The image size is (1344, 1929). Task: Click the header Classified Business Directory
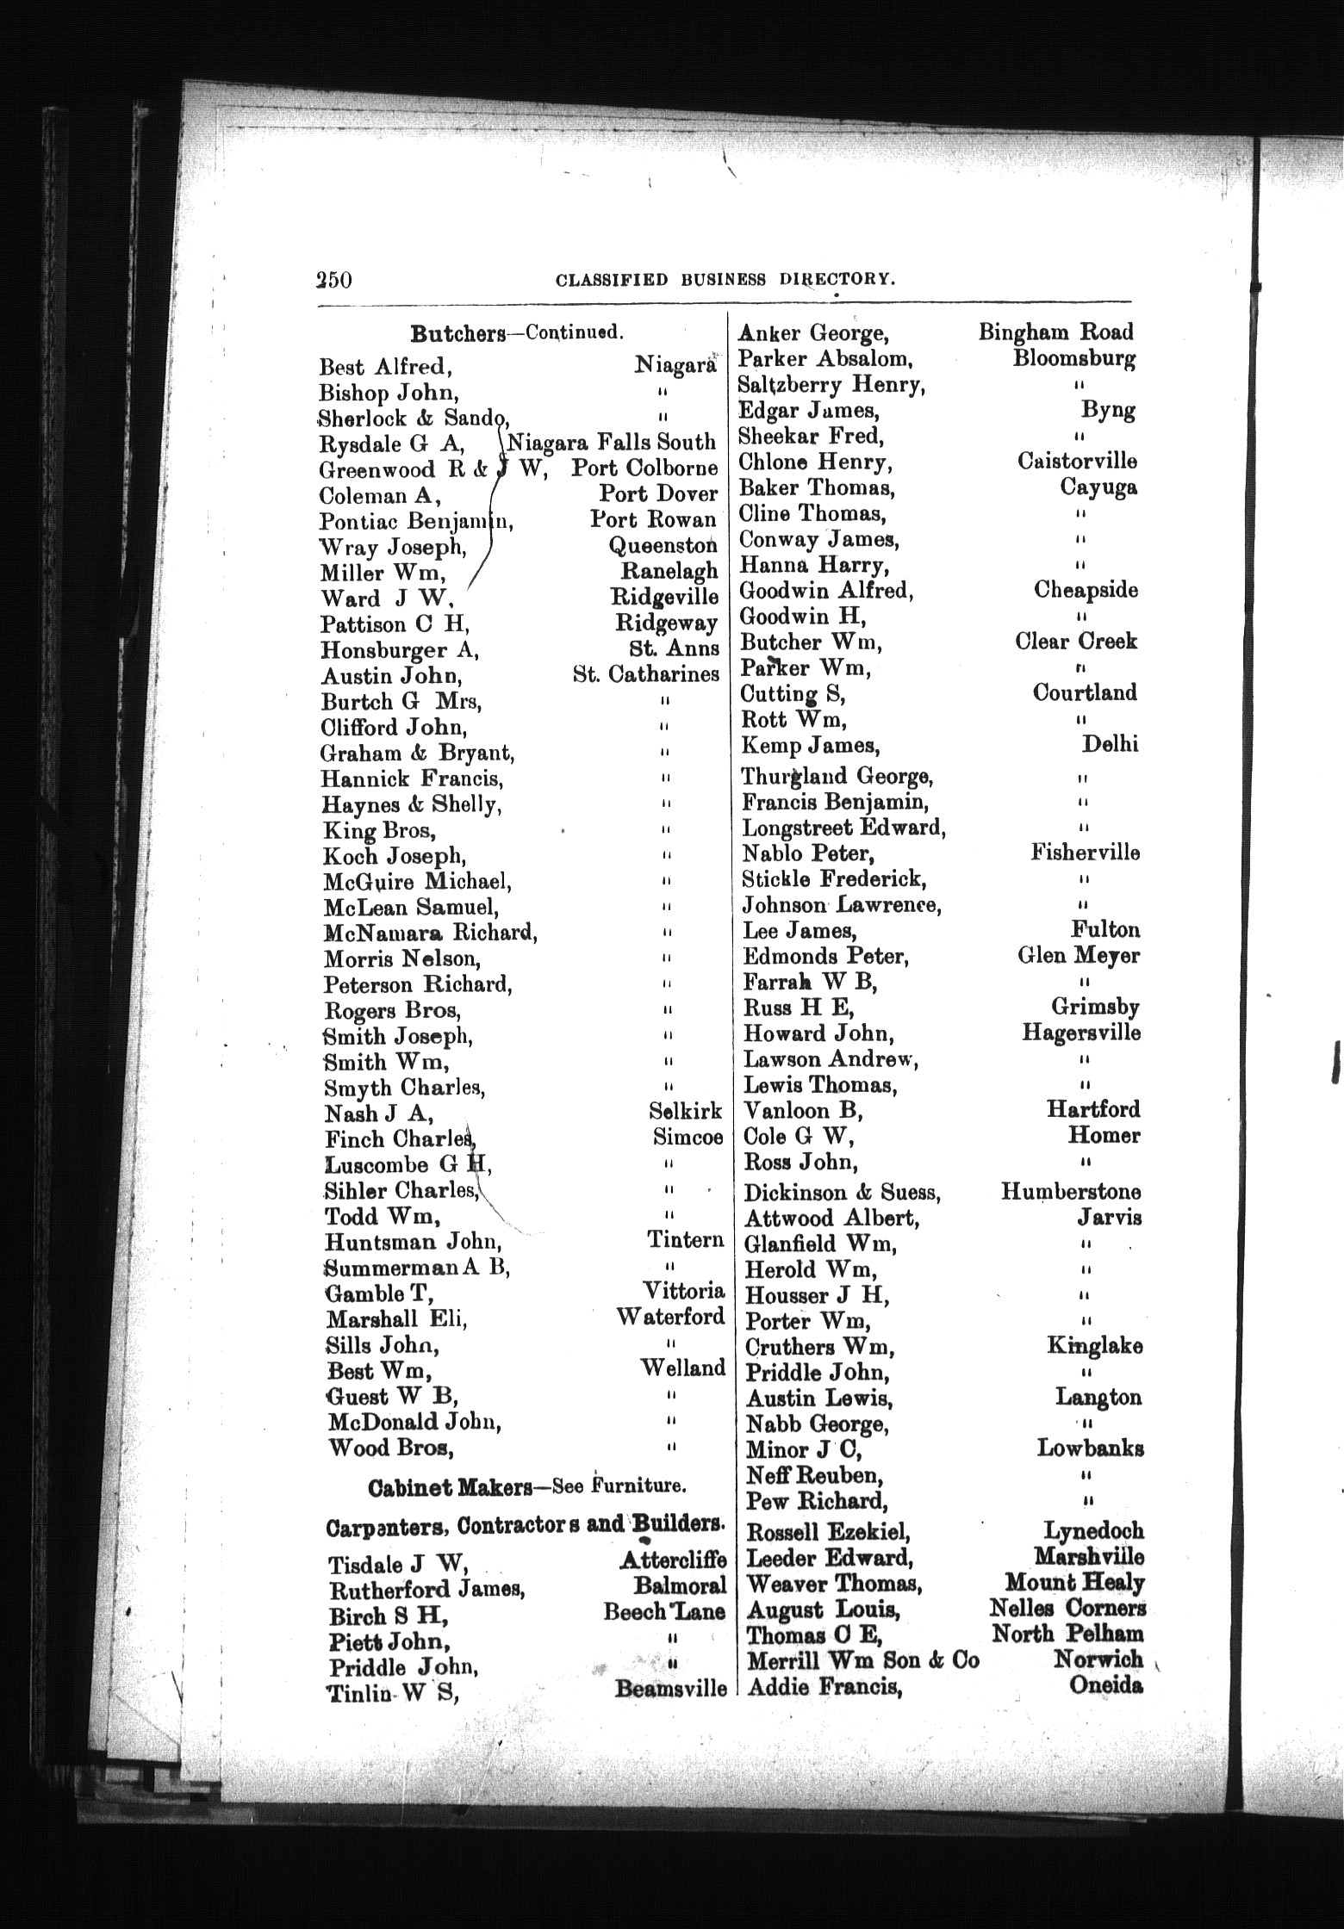[x=723, y=279]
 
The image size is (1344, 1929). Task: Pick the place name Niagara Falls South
[x=611, y=443]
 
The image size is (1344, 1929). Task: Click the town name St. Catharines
[x=645, y=674]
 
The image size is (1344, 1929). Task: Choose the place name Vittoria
[x=684, y=1291]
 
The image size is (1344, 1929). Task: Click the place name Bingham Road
[x=1055, y=332]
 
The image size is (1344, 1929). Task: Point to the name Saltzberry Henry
[x=832, y=385]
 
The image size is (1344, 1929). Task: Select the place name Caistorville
[x=1077, y=462]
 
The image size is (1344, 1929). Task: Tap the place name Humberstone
[x=1071, y=1192]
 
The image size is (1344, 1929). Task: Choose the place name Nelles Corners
[x=1067, y=1608]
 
